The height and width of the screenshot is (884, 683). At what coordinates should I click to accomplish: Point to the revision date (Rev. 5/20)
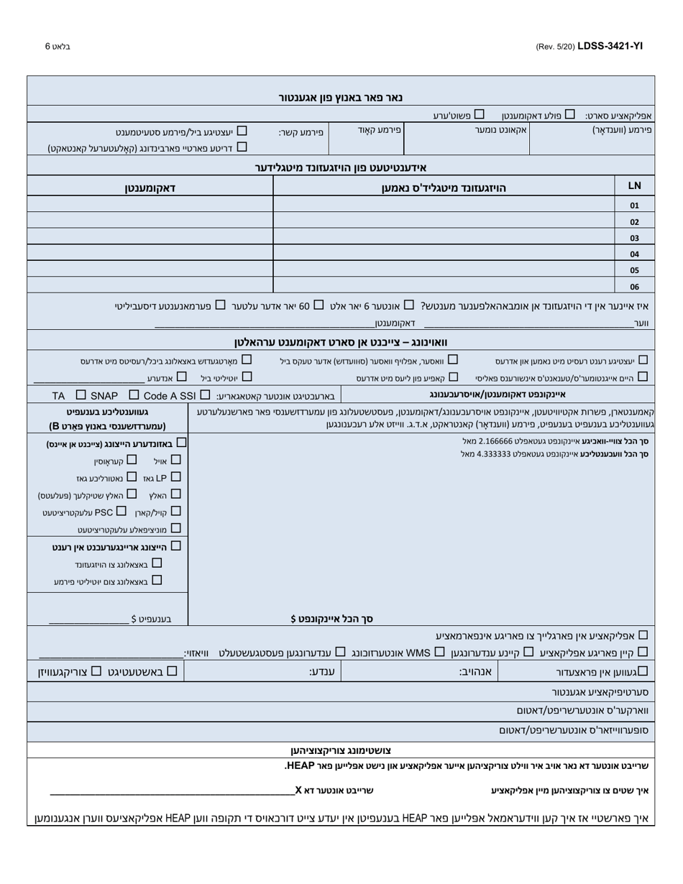555,47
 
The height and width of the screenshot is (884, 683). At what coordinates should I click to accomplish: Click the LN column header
634,185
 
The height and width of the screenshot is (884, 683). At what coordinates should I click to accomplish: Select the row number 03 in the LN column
634,238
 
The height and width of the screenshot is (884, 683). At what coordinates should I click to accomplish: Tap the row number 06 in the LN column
634,286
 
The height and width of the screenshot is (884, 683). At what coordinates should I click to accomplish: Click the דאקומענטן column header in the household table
150,188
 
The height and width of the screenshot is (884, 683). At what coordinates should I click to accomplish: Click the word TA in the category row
58,396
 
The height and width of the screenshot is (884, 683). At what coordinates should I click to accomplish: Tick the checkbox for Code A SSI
205,395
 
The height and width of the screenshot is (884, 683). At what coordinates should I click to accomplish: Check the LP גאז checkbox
176,476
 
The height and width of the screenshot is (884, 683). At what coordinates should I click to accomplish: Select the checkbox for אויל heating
176,459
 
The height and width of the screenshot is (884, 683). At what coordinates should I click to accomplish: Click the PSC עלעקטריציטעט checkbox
121,511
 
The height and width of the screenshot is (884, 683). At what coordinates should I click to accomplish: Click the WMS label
418,653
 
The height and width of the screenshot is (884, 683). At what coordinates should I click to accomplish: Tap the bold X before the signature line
298,790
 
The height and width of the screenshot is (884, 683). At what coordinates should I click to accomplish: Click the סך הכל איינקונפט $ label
331,618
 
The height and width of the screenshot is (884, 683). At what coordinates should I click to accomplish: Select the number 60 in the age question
304,306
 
